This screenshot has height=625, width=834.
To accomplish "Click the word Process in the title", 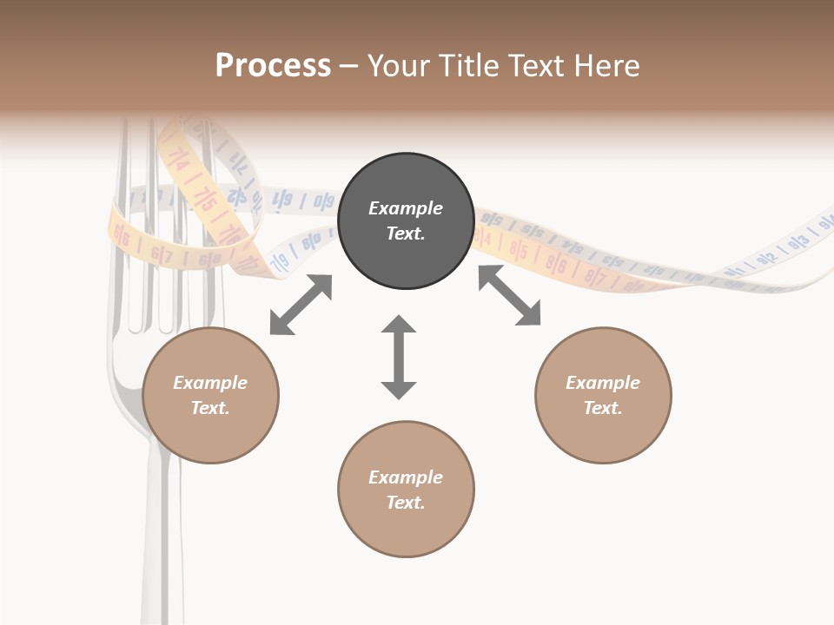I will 273,66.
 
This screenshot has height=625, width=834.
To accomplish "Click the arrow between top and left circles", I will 301,305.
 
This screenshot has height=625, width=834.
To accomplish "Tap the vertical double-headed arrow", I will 399,357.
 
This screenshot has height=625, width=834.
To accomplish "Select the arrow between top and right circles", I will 509,296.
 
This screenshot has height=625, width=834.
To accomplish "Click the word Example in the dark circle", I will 406,208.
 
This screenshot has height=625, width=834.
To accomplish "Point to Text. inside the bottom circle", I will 406,503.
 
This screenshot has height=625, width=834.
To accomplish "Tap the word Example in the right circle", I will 603,383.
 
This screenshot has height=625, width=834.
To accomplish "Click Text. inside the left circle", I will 210,408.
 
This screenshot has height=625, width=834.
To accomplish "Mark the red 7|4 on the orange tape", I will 180,159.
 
